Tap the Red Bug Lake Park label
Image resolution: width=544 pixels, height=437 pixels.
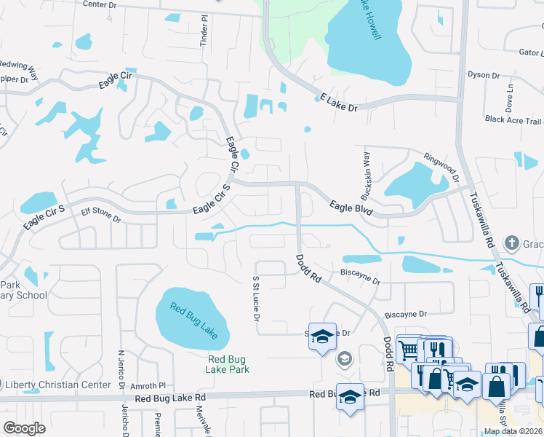click(x=228, y=364)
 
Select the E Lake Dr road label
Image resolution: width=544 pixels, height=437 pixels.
click(x=340, y=102)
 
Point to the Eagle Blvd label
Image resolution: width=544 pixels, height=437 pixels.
click(x=351, y=209)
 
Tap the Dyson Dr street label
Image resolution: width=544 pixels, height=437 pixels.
click(x=484, y=75)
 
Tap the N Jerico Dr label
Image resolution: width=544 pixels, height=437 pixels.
click(x=122, y=369)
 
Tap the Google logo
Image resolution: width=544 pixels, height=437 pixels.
click(x=24, y=428)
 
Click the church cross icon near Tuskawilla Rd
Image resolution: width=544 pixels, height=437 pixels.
click(x=512, y=243)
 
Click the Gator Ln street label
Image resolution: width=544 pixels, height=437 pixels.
click(x=530, y=52)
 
